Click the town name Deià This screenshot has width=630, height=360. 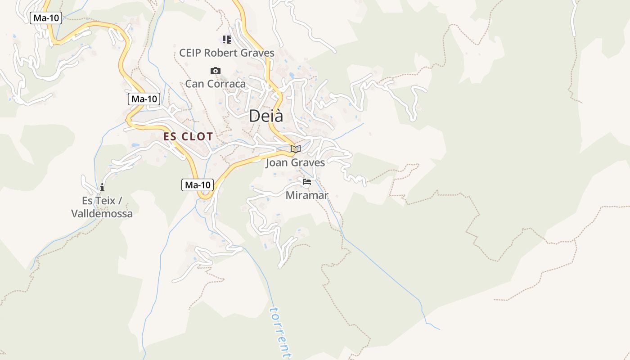[266, 116]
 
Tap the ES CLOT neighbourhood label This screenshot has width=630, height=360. [188, 137]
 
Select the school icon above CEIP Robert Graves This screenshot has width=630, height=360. [227, 40]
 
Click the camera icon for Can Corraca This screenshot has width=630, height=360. [216, 71]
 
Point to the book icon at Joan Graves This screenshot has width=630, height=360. [295, 149]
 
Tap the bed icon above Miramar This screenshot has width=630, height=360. [307, 182]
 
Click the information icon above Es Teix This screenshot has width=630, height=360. [102, 187]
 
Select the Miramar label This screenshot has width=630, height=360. [307, 196]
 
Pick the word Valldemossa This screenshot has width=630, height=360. [102, 214]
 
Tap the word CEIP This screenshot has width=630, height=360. [190, 53]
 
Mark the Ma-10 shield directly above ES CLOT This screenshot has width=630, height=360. [144, 99]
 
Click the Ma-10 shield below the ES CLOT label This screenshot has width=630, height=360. [198, 185]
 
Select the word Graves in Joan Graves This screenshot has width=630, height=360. [307, 163]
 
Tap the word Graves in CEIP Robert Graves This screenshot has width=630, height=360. [258, 53]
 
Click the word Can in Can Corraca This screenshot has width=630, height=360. [194, 84]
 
